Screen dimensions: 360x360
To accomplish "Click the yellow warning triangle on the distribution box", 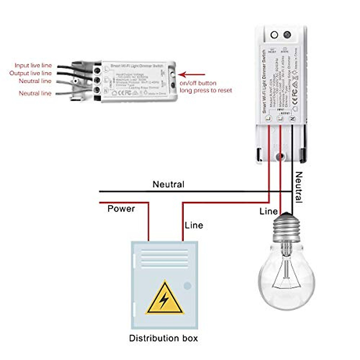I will point(164,299).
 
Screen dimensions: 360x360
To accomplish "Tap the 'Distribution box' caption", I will point(163,338).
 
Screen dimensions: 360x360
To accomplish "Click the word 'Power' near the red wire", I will point(121,208).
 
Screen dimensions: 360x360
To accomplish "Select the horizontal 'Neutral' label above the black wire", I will point(168,184).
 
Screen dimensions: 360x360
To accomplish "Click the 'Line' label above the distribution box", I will point(194,225).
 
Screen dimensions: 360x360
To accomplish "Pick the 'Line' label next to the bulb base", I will point(268,211).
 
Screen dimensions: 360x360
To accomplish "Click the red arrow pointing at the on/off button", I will point(192,74).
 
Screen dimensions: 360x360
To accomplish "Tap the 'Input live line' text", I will point(33,65).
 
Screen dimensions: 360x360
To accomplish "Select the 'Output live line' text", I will point(31,73).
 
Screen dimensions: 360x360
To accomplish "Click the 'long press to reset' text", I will point(206,90).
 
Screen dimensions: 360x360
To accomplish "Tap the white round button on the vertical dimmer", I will point(274,35).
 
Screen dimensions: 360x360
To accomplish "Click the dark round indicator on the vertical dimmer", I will point(287,35).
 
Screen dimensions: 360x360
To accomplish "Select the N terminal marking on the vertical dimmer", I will point(293,119).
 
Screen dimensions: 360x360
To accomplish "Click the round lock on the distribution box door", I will point(187,286).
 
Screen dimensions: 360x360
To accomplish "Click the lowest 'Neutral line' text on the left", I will point(35,93).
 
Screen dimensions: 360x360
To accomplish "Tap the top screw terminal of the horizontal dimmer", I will point(97,70).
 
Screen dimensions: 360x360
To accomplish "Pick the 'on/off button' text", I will point(198,83).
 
